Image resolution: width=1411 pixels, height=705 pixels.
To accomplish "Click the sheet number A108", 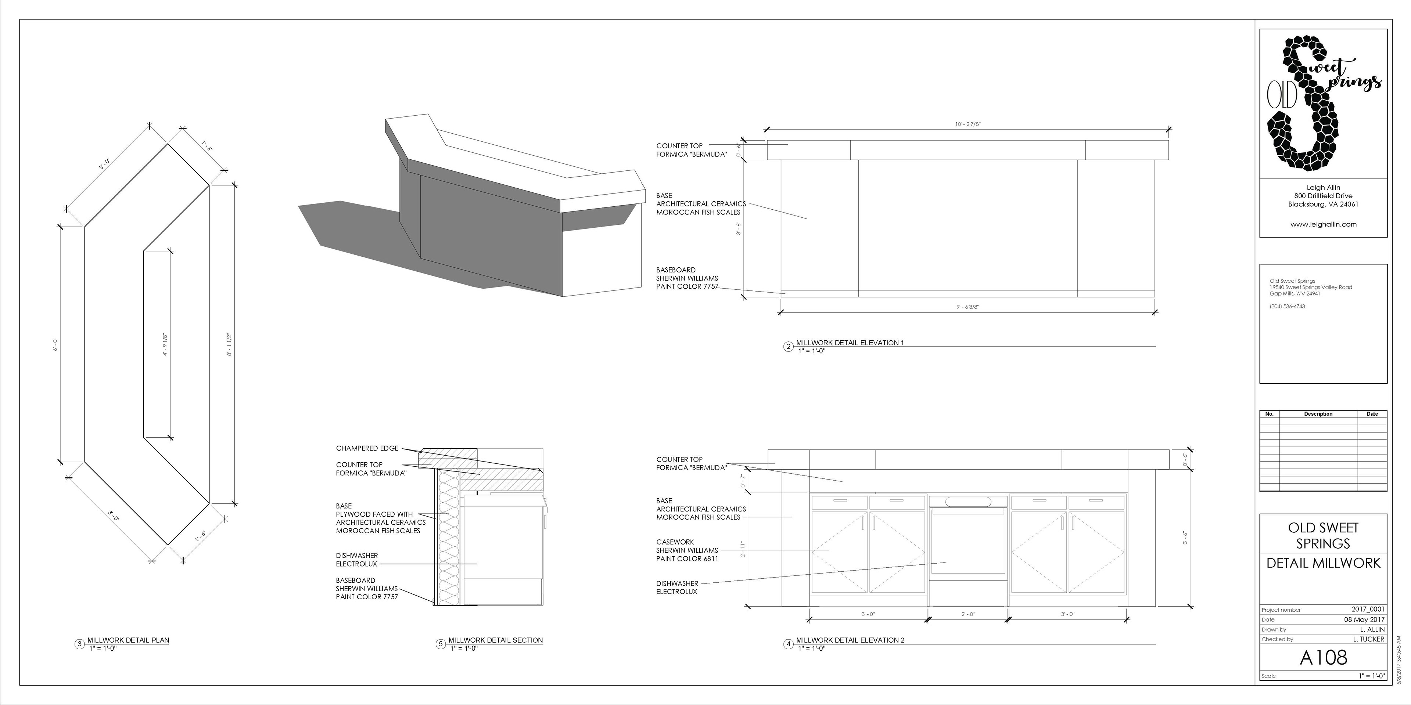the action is click(x=1323, y=657).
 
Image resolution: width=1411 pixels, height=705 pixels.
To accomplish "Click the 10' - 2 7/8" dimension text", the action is click(x=968, y=124).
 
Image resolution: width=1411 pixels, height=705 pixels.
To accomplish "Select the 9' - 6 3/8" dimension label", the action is click(x=968, y=307).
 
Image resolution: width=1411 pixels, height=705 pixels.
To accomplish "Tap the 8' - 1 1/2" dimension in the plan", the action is click(x=230, y=345).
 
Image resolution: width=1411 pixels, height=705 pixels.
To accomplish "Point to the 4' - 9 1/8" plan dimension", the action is click(x=165, y=345).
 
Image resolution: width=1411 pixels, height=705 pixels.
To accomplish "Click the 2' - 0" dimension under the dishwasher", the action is click(x=968, y=614).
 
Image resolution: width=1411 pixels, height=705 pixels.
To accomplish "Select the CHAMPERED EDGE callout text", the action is click(x=367, y=448).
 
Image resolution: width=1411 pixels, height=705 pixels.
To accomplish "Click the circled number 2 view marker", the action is click(x=788, y=347).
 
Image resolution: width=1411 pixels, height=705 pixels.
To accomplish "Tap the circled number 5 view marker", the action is click(x=441, y=644).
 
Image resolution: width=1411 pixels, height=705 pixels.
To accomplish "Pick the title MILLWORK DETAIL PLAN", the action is click(x=128, y=640).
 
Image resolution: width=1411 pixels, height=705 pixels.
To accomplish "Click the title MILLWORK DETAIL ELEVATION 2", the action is click(x=850, y=640).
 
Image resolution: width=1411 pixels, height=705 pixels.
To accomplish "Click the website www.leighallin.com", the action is click(x=1323, y=224).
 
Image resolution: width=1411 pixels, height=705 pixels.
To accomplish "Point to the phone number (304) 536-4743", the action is click(x=1287, y=307).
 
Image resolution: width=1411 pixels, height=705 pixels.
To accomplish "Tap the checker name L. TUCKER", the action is click(x=1368, y=639).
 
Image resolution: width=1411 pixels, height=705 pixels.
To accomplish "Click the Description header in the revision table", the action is click(x=1318, y=414).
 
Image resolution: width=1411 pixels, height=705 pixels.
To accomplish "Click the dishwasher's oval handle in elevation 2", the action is click(x=968, y=501).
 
